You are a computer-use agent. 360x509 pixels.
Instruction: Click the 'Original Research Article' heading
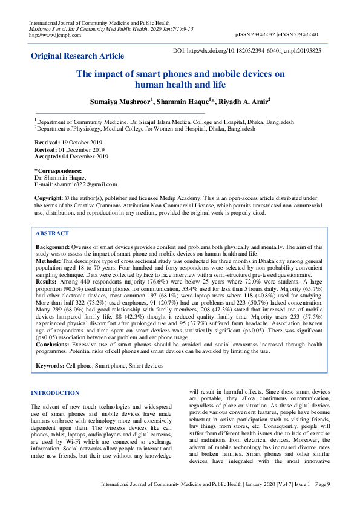coord(77,56)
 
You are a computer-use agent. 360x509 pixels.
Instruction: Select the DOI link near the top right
coord(247,51)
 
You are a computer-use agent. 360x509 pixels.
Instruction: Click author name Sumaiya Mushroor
coord(117,102)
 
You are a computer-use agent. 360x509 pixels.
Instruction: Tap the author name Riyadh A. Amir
coord(244,102)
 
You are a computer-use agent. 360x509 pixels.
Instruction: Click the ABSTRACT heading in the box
coord(52,233)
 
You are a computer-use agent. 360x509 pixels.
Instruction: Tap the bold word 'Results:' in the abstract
coord(47,282)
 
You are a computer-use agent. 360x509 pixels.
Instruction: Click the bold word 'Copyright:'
coord(48,198)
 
